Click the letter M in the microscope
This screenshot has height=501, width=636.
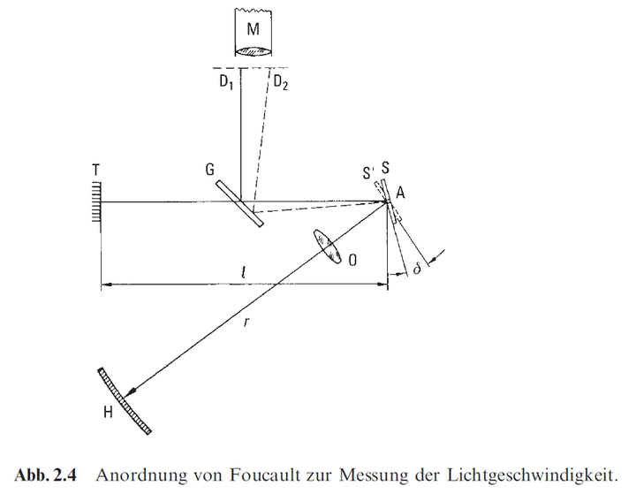254,29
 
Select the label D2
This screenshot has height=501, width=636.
280,84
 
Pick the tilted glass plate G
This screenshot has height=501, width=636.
238,203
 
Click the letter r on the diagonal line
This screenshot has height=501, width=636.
248,323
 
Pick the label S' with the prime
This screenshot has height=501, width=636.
368,171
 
